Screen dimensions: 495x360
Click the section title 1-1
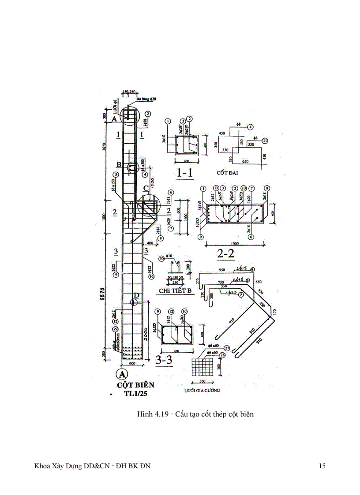point(184,173)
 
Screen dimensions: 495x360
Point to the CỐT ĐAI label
point(228,173)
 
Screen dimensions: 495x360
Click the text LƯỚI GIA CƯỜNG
point(202,391)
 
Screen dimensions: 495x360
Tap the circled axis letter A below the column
point(121,374)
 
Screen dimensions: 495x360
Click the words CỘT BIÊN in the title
point(136,385)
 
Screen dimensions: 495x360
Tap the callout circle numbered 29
point(116,329)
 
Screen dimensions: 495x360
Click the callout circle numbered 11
point(264,141)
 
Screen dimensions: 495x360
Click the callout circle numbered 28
point(222,354)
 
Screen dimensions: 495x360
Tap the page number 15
point(322,466)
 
